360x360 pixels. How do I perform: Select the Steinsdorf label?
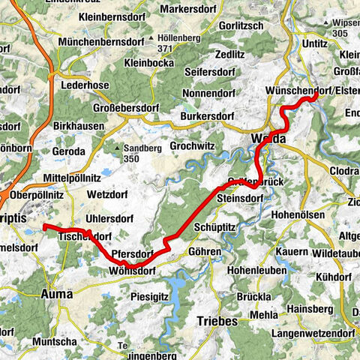coord(240,199)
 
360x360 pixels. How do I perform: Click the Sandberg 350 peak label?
coord(130,154)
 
